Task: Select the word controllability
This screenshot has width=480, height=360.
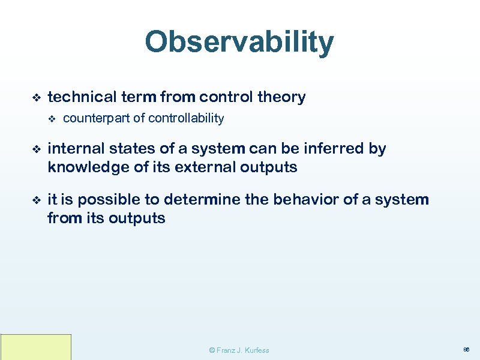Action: pyautogui.click(x=186, y=118)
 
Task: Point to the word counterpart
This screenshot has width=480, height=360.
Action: pyautogui.click(x=96, y=118)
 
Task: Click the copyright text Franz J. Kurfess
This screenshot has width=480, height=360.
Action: pyautogui.click(x=239, y=350)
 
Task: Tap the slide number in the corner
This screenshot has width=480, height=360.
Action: pyautogui.click(x=467, y=349)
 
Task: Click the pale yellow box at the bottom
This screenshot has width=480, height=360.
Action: pyautogui.click(x=35, y=347)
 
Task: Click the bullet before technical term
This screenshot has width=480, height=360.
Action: pyautogui.click(x=35, y=97)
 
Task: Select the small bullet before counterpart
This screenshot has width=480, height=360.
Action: pyautogui.click(x=51, y=119)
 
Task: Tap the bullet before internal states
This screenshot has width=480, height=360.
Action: pyautogui.click(x=35, y=149)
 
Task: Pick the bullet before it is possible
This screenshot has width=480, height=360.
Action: pyautogui.click(x=35, y=200)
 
